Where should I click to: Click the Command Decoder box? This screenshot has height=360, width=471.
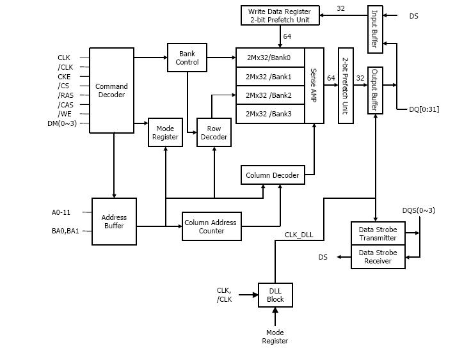tap(111, 90)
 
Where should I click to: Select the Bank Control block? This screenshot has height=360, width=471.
tap(188, 57)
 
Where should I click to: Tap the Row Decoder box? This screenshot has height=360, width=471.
tap(213, 132)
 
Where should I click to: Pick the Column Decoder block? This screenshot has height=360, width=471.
tap(273, 175)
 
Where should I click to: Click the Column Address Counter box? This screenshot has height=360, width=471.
tap(210, 226)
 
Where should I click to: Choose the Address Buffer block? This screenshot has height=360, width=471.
tap(114, 221)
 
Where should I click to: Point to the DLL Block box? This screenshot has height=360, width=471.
tap(275, 295)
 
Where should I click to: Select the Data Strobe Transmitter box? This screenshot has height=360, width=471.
tap(378, 233)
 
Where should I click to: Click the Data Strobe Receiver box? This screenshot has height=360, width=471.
tap(378, 256)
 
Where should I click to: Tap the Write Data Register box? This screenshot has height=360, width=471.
tap(280, 16)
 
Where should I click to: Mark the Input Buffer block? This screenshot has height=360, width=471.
tap(374, 29)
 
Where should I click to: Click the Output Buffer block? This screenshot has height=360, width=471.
tap(374, 90)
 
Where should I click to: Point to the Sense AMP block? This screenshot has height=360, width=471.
tap(314, 85)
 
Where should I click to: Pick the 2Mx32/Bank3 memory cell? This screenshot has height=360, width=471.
tap(269, 114)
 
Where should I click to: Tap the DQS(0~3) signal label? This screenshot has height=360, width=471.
tap(419, 210)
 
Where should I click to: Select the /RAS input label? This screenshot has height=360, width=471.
tap(65, 95)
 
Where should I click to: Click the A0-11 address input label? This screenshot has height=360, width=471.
tap(62, 212)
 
